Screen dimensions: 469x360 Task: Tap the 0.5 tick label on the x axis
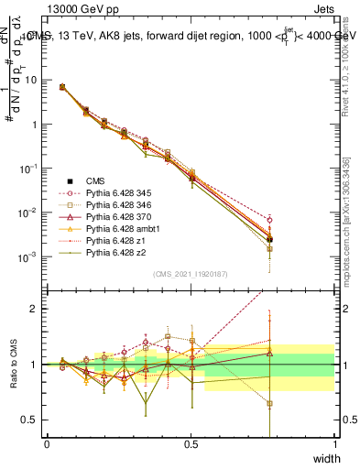click(x=191, y=444)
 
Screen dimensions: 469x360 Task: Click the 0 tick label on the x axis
click(x=47, y=444)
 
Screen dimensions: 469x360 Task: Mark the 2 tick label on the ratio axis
click(x=34, y=309)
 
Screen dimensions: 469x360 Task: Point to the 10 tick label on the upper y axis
click(x=31, y=80)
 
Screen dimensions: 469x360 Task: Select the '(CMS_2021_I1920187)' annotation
click(x=191, y=274)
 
